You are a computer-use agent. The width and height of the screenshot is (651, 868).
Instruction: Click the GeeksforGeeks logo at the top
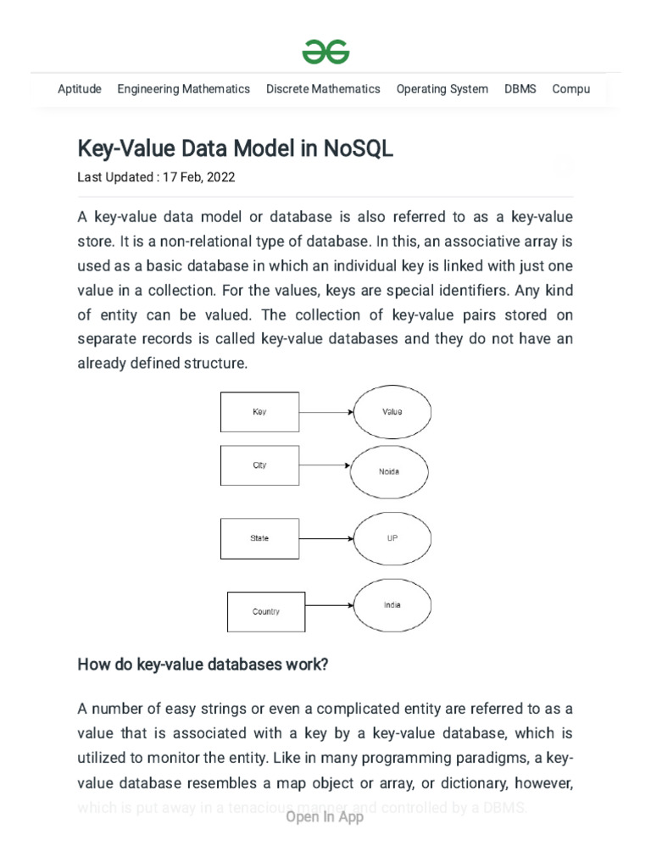point(325,53)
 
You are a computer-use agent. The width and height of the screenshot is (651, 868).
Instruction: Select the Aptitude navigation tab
point(80,89)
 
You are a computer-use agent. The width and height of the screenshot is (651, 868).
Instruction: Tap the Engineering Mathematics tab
point(183,89)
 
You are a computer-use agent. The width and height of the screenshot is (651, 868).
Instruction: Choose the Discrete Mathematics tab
point(323,89)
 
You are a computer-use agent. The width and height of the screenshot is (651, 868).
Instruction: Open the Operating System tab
point(442,89)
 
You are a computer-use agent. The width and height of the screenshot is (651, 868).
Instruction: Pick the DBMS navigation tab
point(520,89)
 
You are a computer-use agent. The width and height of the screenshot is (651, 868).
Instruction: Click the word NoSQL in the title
point(358,149)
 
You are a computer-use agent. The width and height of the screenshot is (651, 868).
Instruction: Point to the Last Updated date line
point(156,178)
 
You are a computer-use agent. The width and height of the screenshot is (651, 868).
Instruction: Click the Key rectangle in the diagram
point(259,412)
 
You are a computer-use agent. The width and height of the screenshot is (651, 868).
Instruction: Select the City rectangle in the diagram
point(259,465)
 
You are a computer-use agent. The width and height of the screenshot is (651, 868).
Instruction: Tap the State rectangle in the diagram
point(259,538)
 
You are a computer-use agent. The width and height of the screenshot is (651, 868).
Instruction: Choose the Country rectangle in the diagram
point(266,611)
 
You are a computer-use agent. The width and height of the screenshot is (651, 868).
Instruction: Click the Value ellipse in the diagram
point(392,412)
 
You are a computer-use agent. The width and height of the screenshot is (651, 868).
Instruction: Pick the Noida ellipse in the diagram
point(388,471)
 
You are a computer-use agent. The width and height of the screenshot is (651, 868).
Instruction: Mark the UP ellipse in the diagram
point(392,538)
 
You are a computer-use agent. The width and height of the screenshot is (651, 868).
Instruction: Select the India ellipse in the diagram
point(392,605)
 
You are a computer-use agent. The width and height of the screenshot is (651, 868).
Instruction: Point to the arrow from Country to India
point(329,605)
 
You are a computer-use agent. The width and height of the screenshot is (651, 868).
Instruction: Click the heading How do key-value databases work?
point(203,665)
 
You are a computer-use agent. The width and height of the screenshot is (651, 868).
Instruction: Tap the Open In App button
point(325,817)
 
